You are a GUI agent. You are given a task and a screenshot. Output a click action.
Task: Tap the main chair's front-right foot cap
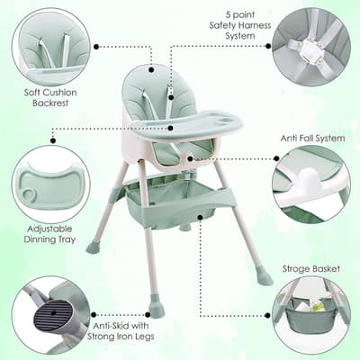263,276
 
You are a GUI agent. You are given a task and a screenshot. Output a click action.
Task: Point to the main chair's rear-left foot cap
92,247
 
